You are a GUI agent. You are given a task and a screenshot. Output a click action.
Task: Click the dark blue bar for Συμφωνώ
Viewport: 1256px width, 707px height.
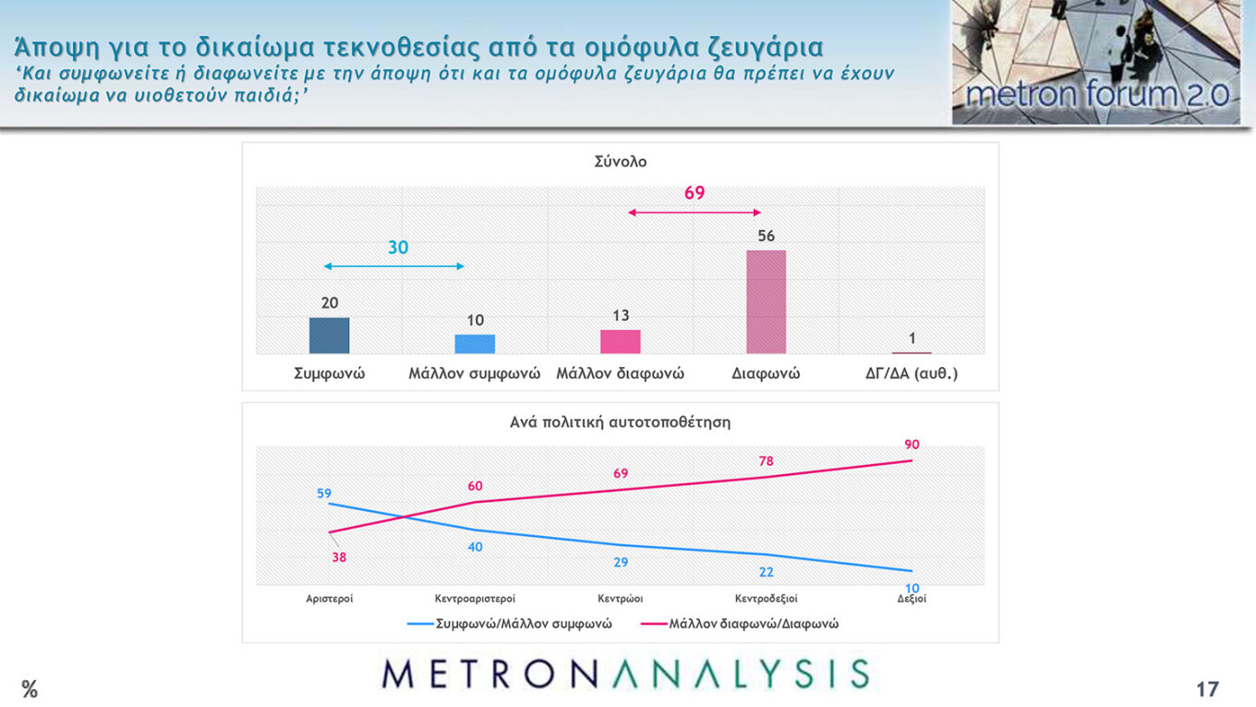(329, 335)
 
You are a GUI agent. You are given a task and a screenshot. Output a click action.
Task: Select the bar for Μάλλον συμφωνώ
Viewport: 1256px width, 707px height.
(475, 344)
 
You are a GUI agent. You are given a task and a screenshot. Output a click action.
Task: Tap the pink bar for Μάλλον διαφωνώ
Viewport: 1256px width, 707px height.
(621, 341)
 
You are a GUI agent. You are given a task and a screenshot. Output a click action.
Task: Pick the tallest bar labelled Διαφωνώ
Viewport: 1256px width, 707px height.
(766, 301)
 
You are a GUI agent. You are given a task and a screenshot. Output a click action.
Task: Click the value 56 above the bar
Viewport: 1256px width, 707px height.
(766, 236)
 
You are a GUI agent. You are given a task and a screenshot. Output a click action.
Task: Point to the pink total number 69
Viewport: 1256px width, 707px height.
(694, 193)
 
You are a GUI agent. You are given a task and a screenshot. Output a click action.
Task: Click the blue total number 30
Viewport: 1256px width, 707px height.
(398, 248)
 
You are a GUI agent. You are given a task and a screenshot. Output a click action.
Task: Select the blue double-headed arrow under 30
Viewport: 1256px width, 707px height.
(393, 266)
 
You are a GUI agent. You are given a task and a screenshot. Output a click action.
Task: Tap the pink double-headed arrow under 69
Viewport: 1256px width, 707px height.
(694, 213)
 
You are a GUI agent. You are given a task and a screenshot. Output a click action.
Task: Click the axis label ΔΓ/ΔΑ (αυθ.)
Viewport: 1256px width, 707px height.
(911, 374)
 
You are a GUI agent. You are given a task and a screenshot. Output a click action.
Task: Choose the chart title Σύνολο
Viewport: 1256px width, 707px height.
(621, 162)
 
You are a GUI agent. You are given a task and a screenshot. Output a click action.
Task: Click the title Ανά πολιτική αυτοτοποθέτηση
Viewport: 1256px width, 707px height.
(621, 422)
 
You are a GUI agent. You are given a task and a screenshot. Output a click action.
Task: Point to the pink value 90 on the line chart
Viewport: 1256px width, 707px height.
(912, 445)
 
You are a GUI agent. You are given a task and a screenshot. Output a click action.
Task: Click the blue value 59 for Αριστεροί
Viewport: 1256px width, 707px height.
(324, 494)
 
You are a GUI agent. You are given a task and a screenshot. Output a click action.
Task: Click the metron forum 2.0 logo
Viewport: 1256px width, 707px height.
(1097, 63)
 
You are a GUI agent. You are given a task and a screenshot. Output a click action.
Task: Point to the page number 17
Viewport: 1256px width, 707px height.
(1207, 689)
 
